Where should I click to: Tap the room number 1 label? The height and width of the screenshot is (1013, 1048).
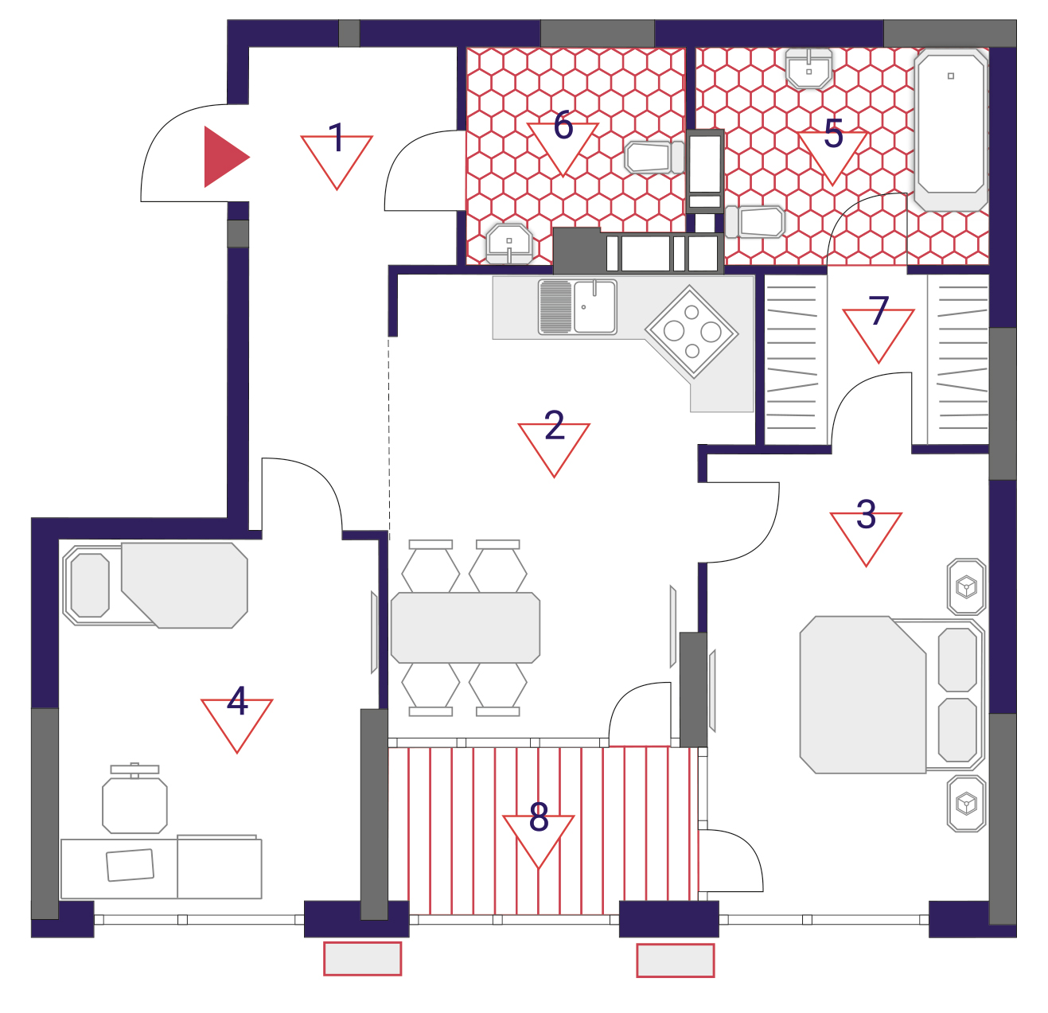337,138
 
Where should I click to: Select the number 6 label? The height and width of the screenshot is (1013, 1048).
563,126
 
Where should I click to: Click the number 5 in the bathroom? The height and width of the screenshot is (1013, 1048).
833,133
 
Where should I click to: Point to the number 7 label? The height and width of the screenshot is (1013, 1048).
879,310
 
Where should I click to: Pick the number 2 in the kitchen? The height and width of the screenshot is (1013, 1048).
554,425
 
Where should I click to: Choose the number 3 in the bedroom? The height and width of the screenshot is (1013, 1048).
866,514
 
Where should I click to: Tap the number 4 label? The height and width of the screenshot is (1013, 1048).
237,700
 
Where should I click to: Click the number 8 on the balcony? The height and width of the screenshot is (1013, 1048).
539,816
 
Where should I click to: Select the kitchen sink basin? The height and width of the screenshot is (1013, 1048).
594,306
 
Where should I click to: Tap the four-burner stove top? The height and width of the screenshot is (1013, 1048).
692,332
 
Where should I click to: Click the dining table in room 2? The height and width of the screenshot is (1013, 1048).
466,627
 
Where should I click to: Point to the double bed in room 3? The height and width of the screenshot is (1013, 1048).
892,695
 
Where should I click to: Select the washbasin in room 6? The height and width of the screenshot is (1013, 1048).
509,244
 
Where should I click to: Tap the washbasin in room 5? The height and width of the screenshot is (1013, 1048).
809,68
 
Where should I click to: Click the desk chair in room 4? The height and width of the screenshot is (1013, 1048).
134,799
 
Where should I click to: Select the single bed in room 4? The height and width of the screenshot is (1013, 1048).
155,585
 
